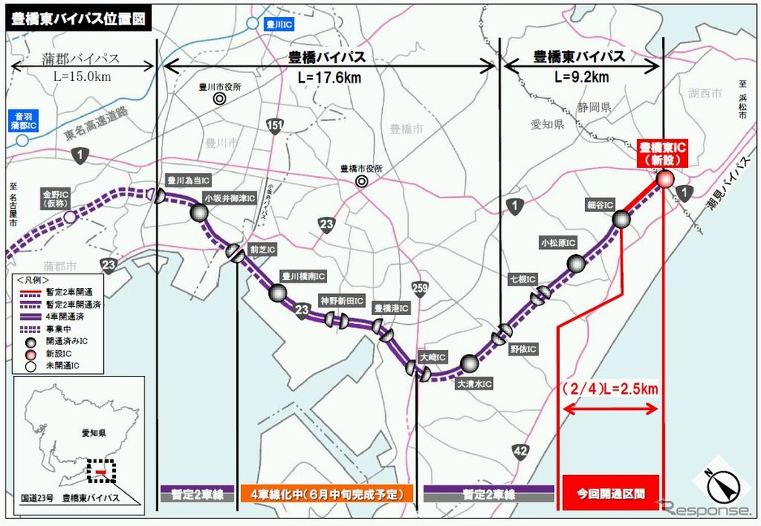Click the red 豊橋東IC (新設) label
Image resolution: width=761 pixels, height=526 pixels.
663,153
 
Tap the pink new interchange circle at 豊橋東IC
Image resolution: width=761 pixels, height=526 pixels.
664,180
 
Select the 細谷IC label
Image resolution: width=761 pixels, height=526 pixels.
601,205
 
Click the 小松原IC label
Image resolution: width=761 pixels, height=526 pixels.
558,242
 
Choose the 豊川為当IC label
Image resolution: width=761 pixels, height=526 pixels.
188,181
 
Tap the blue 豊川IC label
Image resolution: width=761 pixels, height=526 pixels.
279,25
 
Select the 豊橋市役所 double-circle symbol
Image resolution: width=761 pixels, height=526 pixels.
360,183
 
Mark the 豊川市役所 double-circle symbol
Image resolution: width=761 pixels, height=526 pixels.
219,98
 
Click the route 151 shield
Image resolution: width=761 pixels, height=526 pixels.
276,124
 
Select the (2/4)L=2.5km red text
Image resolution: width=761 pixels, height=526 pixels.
609,389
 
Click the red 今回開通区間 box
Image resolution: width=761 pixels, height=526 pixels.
611,493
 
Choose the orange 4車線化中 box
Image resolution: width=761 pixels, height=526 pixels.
327,493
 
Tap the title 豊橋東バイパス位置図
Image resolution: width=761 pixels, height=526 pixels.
80,19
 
